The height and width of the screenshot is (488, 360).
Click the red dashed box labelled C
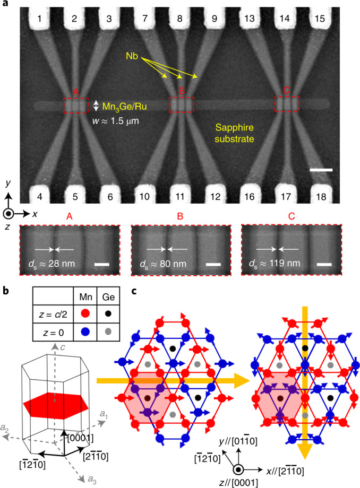286,103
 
